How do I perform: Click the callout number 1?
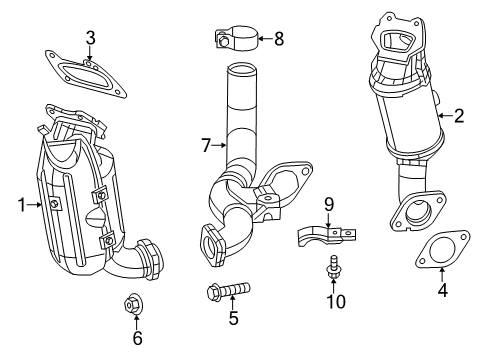pos(20,205)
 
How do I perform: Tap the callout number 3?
pos(90,39)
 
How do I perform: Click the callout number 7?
pos(206,146)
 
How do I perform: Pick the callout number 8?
pos(278,40)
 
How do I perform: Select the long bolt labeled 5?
pos(229,291)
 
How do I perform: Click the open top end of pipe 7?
pos(240,70)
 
